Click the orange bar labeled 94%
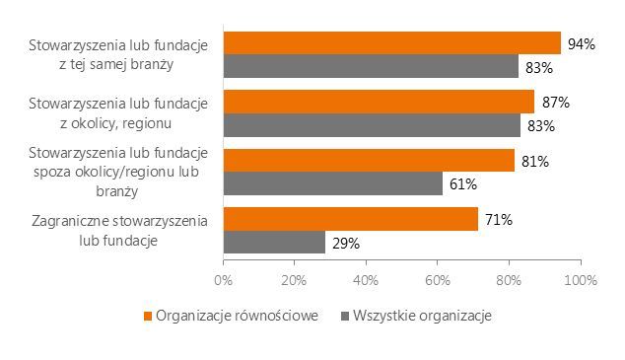(x=392, y=43)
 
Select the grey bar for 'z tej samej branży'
(x=371, y=66)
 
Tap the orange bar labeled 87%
(x=380, y=102)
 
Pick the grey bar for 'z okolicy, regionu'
(x=372, y=125)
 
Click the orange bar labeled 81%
(x=369, y=160)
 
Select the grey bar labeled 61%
(x=333, y=183)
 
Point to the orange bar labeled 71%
(x=351, y=219)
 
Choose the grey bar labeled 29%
(x=274, y=242)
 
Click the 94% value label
(x=582, y=44)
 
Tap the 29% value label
(x=346, y=244)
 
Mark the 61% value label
(x=463, y=184)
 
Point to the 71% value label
(x=499, y=220)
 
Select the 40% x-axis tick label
(x=366, y=280)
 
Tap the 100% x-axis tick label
(x=581, y=280)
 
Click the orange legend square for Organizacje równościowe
(x=148, y=317)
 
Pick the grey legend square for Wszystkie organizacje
(x=345, y=317)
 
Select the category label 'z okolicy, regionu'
(x=116, y=123)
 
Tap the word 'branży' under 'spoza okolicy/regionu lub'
(x=116, y=191)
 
